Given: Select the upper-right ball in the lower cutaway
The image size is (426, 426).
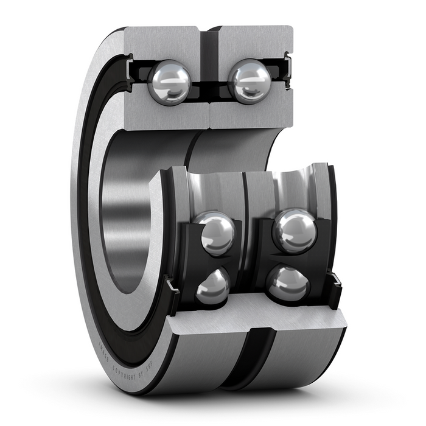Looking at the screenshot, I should [x=295, y=231].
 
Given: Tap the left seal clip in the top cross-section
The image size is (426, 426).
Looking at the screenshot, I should [x=130, y=69].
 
